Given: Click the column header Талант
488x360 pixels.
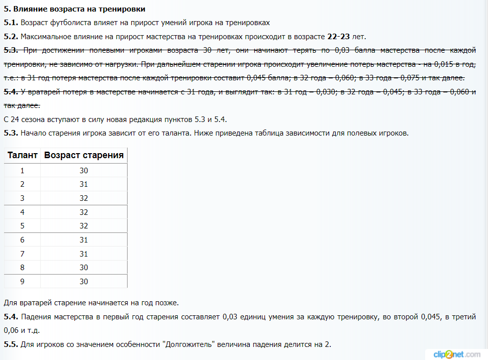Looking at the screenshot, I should coord(23,155).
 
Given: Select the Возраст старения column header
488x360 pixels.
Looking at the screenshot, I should coord(84,155).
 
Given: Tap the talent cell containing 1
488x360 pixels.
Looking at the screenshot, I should coord(23,171).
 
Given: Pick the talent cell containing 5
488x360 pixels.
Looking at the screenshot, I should coord(23,226).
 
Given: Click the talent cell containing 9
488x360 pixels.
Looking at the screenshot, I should coord(23,281).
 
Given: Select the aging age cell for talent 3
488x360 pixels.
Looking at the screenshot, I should coord(84,198).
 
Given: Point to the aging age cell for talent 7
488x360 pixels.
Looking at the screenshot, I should coord(84,254).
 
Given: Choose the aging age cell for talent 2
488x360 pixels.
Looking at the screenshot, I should coord(84,184).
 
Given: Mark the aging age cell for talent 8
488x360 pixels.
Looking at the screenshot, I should coord(84,268).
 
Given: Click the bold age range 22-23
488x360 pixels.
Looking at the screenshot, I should coord(338,37).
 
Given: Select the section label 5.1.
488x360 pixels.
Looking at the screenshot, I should coord(11,23).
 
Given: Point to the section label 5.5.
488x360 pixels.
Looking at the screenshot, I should coord(11,344).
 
